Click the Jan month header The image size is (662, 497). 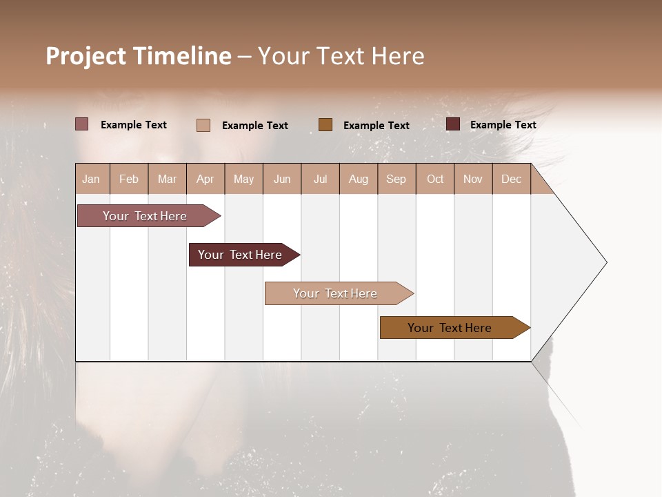click(x=92, y=179)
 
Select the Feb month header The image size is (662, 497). click(x=129, y=179)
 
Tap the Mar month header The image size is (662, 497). click(x=167, y=179)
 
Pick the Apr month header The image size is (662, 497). click(x=205, y=179)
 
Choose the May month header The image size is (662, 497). click(x=243, y=179)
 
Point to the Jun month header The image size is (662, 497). click(x=282, y=179)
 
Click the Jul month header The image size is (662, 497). click(x=320, y=179)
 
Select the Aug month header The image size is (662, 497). click(x=358, y=179)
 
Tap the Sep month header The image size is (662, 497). click(x=396, y=179)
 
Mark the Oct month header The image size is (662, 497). click(x=435, y=179)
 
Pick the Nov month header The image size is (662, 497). click(x=472, y=179)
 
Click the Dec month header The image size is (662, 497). click(x=511, y=179)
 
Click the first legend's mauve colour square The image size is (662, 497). click(x=82, y=124)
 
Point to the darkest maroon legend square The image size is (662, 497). click(x=453, y=124)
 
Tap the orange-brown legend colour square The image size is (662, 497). click(x=325, y=124)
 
